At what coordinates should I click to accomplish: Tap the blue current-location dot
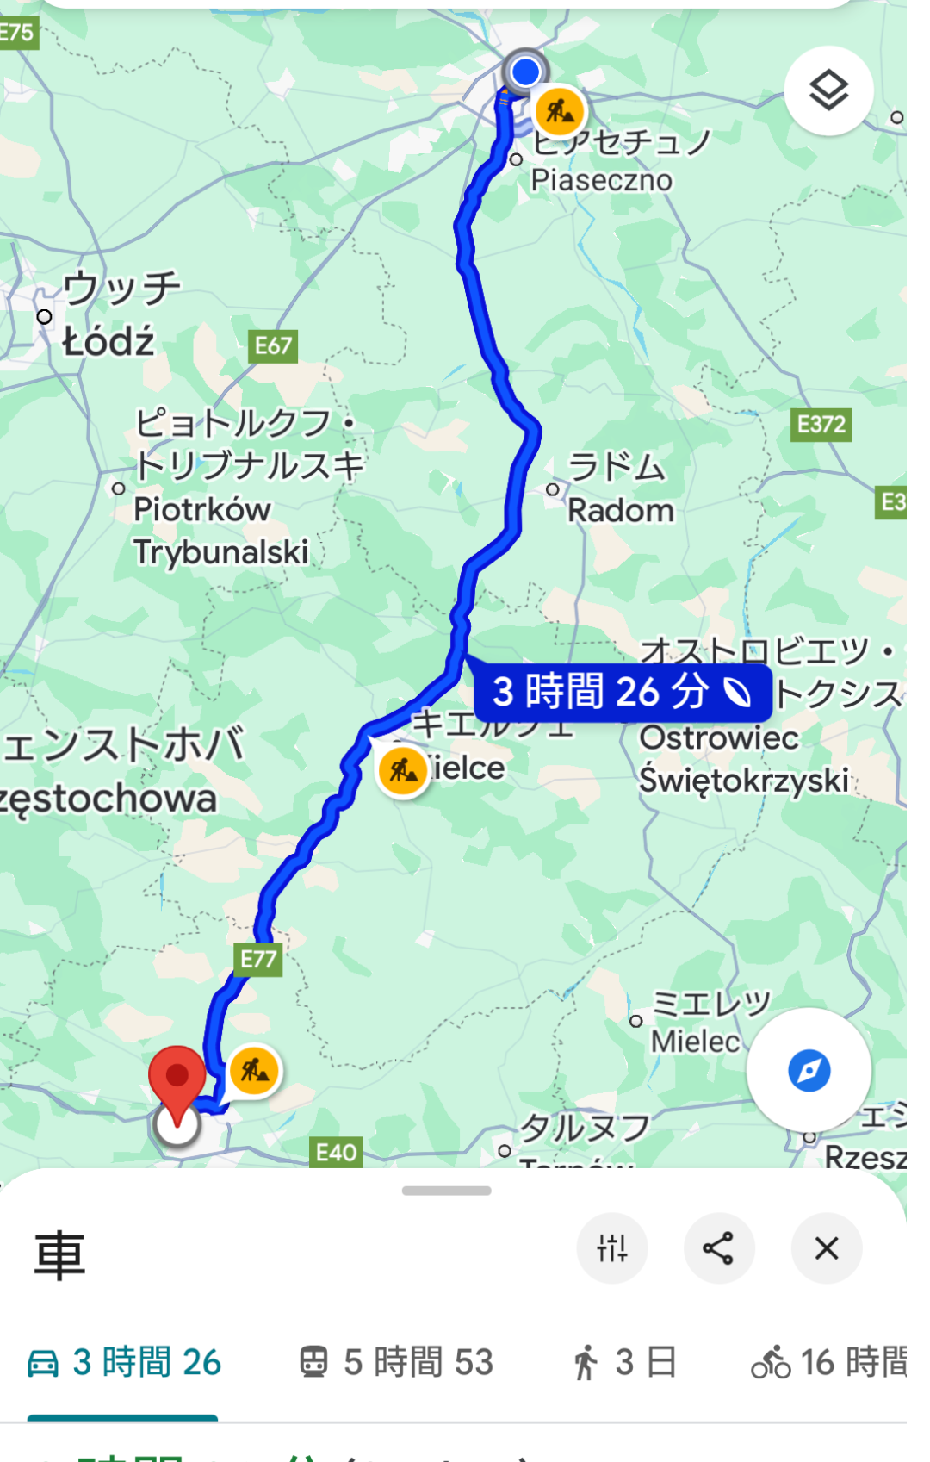524,71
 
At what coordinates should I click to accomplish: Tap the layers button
828,90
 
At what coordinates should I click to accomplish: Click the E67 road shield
273,346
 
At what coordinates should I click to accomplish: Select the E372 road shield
821,424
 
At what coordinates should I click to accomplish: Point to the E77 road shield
258,959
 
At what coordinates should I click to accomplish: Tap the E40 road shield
336,1152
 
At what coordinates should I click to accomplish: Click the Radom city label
620,510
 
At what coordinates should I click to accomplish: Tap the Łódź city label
108,342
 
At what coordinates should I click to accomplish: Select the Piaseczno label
601,180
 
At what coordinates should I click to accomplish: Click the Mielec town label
696,1042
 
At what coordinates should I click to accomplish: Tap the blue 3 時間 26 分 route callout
622,692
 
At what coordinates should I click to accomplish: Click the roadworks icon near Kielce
403,770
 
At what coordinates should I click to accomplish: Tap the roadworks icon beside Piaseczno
560,111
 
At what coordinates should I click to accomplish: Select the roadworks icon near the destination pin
254,1071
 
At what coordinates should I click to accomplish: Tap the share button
718,1247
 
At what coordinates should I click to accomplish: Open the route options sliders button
612,1247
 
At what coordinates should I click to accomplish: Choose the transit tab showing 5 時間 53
397,1362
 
